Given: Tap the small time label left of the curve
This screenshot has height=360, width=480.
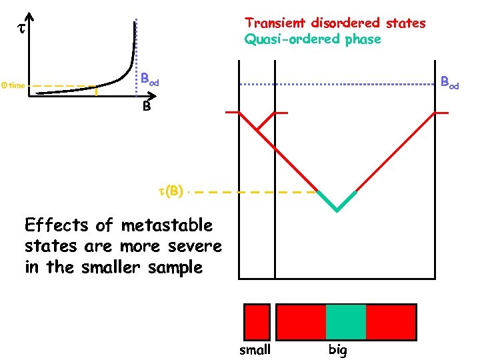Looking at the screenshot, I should [x=13, y=86].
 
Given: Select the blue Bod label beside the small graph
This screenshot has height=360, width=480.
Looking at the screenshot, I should [x=149, y=79].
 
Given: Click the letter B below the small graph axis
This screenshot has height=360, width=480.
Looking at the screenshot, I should [x=146, y=106].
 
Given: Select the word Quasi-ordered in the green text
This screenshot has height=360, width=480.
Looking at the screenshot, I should [x=293, y=39].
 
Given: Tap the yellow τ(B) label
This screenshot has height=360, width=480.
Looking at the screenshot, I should [x=170, y=191].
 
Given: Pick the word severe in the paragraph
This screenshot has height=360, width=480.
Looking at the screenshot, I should [x=196, y=246].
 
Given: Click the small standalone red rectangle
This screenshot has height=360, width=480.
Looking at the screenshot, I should [x=257, y=321].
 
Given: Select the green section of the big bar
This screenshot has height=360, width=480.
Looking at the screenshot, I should [x=346, y=321].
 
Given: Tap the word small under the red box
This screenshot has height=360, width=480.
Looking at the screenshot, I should [x=255, y=349].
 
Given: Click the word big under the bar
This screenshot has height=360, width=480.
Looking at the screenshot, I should [x=337, y=349].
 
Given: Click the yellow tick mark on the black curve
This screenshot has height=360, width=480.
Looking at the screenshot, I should [x=96, y=93].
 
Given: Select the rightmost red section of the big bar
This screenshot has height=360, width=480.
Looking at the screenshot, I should [x=391, y=321].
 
